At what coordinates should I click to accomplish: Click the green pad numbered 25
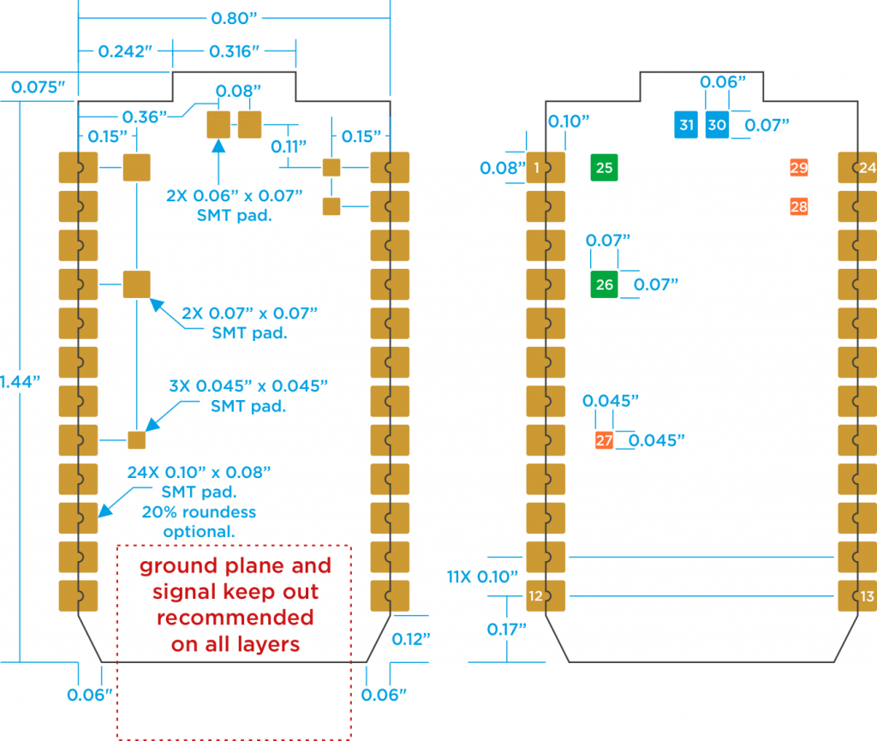tap(605, 168)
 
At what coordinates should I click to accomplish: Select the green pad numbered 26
tap(605, 284)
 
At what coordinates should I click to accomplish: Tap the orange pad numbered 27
tap(605, 440)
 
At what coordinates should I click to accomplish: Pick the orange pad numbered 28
tap(799, 206)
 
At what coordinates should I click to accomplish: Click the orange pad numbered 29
tap(799, 168)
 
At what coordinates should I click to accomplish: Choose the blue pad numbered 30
tap(717, 125)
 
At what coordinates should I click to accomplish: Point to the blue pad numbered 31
tap(686, 125)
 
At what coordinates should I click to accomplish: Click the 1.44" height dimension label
tap(22, 382)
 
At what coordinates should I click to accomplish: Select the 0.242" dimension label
tap(125, 51)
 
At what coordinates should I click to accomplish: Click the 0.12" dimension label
tap(412, 639)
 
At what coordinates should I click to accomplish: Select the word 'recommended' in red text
tap(235, 618)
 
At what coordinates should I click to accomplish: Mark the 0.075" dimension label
tap(39, 87)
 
